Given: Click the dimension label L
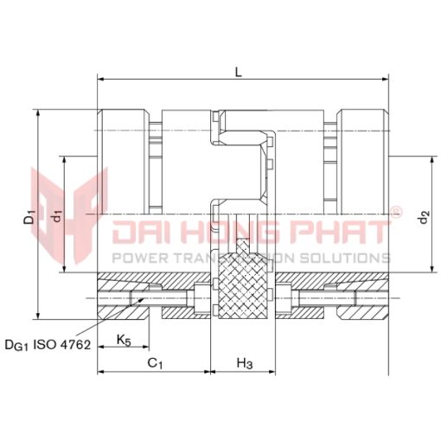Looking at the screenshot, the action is coord(239,72).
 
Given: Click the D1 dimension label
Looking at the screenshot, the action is coord(29,217).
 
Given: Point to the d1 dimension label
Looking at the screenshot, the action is coord(58,216).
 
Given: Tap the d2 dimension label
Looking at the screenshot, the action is coord(425,217).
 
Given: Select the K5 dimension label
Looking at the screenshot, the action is coord(124,340).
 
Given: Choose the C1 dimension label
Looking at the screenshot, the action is coord(155,363).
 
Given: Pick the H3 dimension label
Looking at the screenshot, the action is coord(245,363).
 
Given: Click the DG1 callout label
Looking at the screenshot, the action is coord(17,345).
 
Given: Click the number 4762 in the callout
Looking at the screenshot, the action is coord(74,344).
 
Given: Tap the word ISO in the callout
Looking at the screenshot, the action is coord(44,344).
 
